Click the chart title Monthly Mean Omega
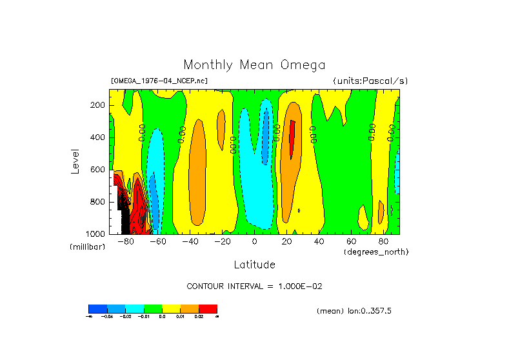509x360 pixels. pyautogui.click(x=254, y=65)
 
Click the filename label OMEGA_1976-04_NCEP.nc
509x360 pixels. pyautogui.click(x=159, y=81)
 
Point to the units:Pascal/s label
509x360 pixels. pyautogui.click(x=370, y=81)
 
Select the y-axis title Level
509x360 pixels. pyautogui.click(x=75, y=161)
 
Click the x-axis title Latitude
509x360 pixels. pyautogui.click(x=254, y=265)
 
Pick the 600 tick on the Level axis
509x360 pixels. pyautogui.click(x=98, y=170)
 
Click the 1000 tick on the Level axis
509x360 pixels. pyautogui.click(x=96, y=234)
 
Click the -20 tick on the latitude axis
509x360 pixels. pyautogui.click(x=222, y=241)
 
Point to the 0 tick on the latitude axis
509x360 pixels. pyautogui.click(x=254, y=241)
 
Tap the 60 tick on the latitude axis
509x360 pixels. pyautogui.click(x=351, y=241)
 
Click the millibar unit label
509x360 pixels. pyautogui.click(x=87, y=248)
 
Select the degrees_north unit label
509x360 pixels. pyautogui.click(x=376, y=251)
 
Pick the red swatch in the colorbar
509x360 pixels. pyautogui.click(x=208, y=308)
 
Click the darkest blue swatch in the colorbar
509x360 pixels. pyautogui.click(x=97, y=308)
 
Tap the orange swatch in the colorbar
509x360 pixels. pyautogui.click(x=190, y=308)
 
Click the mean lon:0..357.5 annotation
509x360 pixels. pyautogui.click(x=354, y=311)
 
